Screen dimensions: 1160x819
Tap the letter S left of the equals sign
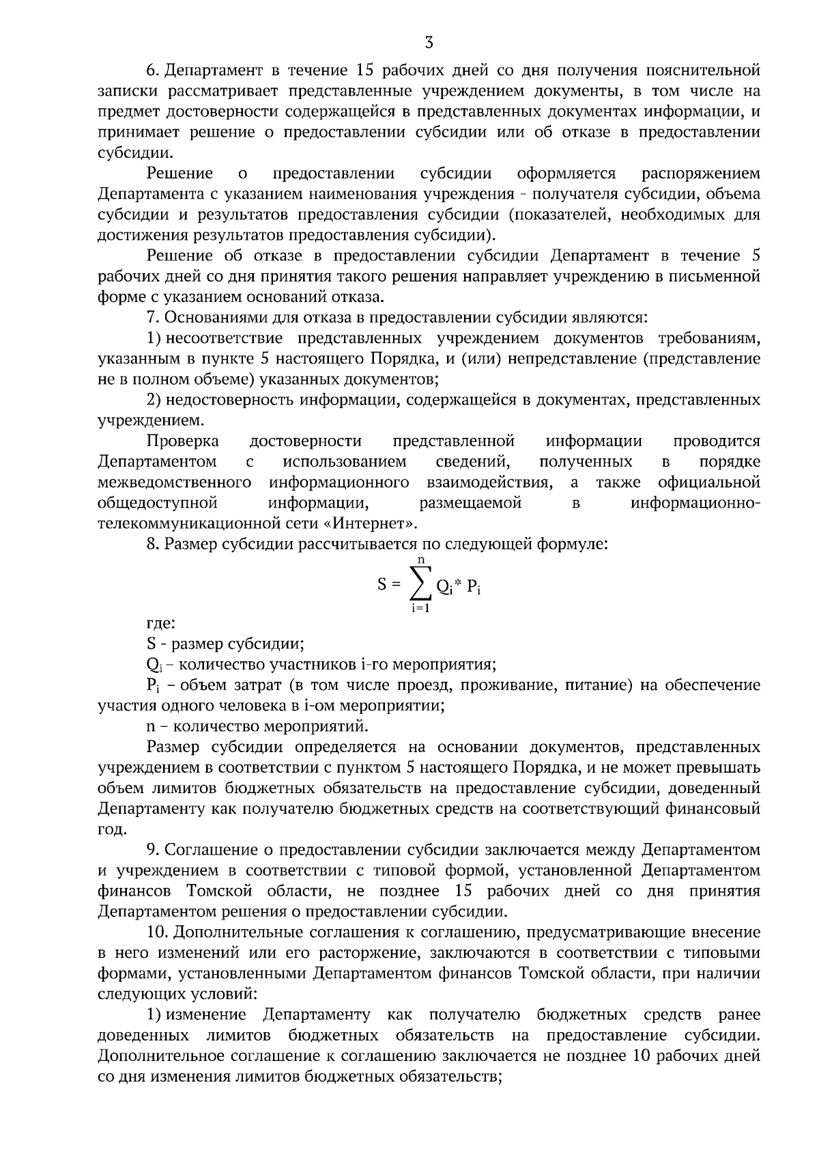click(382, 585)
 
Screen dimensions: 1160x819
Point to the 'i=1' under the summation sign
click(420, 608)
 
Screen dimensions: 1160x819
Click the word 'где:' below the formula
click(161, 623)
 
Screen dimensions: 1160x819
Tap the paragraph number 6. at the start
click(154, 70)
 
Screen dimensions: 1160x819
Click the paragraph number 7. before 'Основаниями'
click(154, 318)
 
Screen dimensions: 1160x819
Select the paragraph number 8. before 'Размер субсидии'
click(154, 544)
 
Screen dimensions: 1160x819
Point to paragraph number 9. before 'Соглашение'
click(154, 850)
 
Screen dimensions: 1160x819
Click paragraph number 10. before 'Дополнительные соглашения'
click(157, 933)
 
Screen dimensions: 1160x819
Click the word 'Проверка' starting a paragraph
click(183, 441)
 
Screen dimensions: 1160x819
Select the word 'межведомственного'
click(175, 483)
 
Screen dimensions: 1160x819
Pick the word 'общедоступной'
click(158, 503)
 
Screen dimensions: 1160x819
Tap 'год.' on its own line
click(113, 829)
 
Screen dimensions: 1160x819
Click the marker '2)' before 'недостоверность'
click(154, 400)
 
